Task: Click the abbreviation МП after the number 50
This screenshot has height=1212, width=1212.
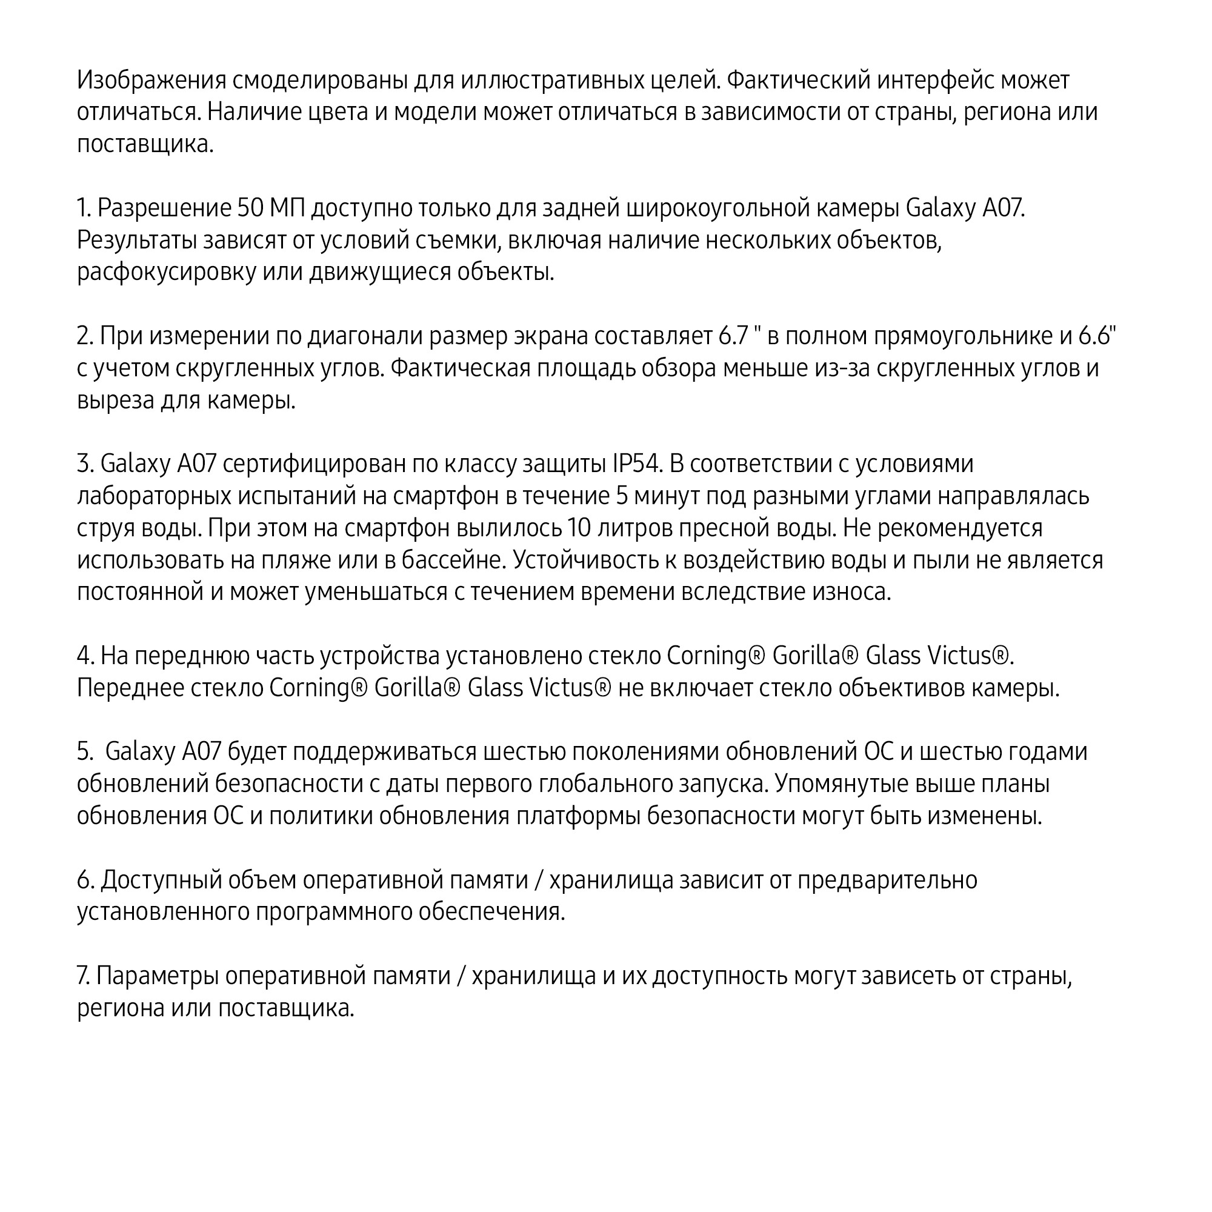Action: point(287,208)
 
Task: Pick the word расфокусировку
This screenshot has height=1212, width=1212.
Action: point(166,272)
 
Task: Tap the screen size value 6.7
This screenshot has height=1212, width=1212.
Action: point(734,336)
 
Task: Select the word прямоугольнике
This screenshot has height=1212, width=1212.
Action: point(964,336)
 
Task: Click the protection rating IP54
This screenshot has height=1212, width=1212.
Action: point(638,464)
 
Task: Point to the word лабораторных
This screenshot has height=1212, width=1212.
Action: point(154,496)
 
